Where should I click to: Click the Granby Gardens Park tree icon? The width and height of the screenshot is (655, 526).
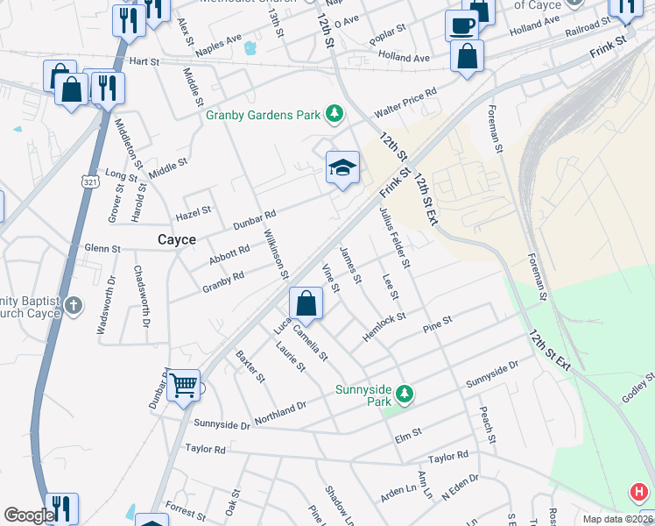(334, 113)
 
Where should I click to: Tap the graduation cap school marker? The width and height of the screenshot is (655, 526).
(342, 167)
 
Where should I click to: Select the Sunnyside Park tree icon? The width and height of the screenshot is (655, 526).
(405, 395)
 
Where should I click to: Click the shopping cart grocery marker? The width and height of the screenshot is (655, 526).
(183, 384)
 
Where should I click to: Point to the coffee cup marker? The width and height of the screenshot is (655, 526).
(461, 25)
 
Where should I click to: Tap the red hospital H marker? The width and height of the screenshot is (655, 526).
(639, 493)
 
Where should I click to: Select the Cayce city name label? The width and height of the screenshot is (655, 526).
(176, 239)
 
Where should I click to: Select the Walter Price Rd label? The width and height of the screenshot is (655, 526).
(405, 103)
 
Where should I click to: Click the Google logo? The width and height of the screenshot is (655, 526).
(28, 515)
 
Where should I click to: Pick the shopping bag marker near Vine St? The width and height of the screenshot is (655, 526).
(306, 303)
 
